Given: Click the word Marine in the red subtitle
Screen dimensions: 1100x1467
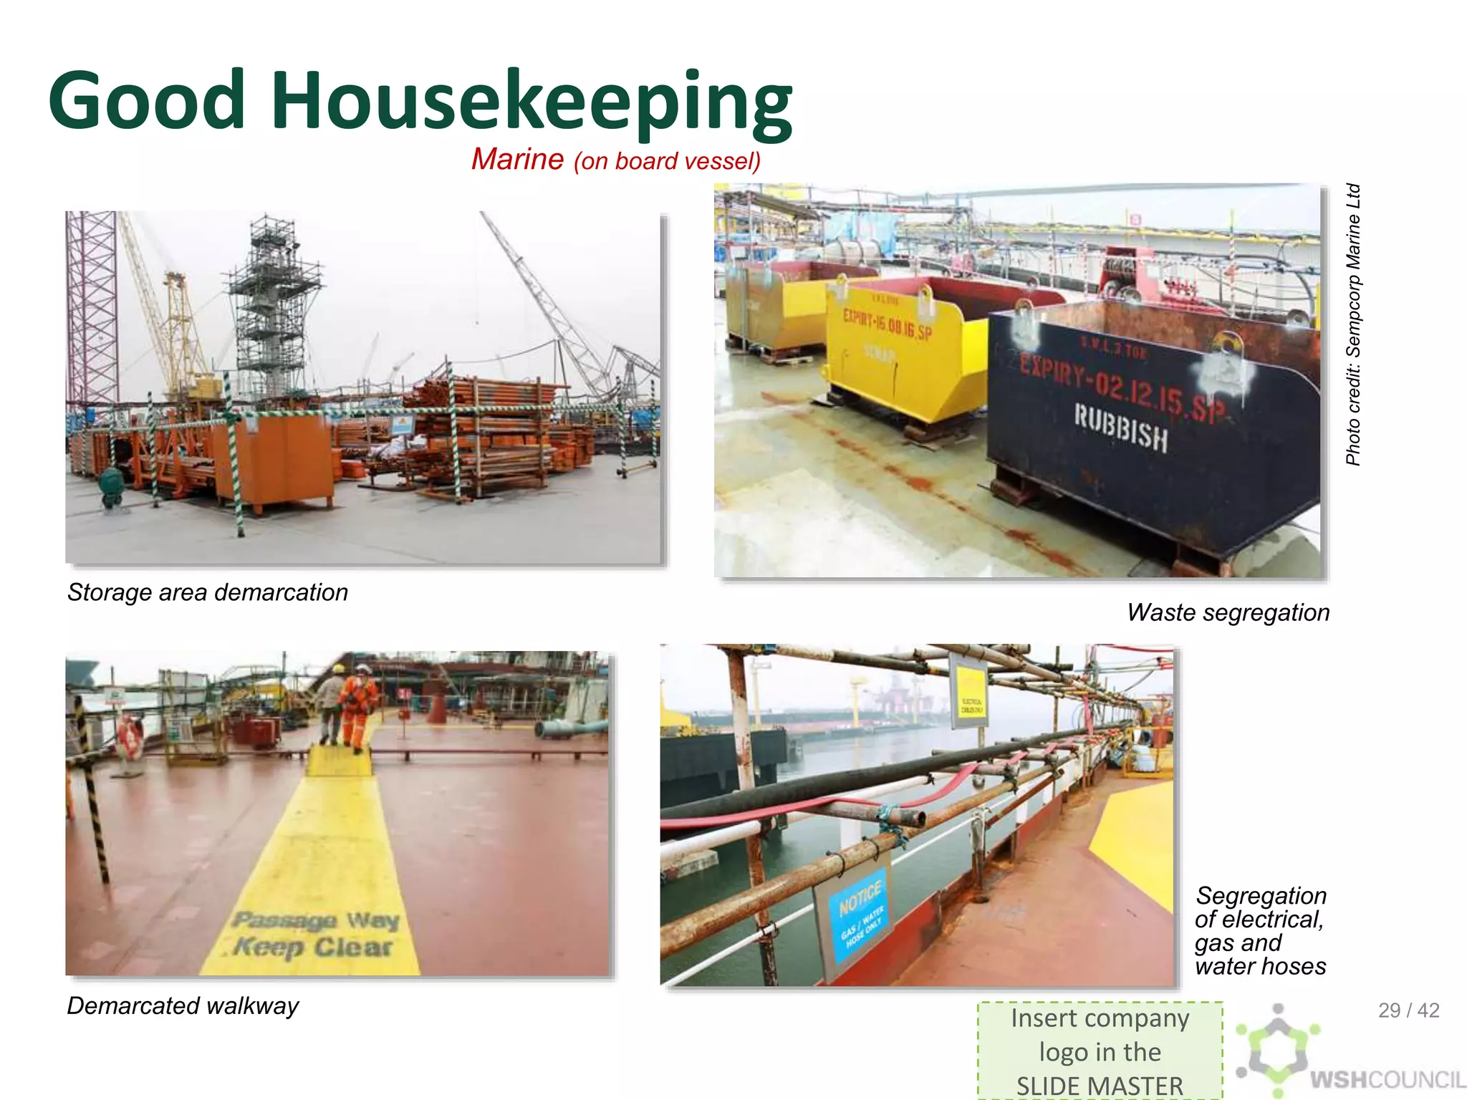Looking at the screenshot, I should [517, 159].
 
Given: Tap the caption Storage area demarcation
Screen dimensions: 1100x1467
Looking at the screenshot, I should [208, 592].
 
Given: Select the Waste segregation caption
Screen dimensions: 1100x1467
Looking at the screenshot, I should [1228, 612].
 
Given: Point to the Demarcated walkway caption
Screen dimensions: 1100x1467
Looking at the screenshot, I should [183, 1005].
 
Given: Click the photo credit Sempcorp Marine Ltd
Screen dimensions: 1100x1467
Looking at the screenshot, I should [1352, 324].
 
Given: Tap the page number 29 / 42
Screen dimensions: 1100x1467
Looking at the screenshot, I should [1408, 1010].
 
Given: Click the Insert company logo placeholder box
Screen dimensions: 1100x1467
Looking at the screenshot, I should [1100, 1051].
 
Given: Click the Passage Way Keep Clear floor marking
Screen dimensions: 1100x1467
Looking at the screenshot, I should [314, 933].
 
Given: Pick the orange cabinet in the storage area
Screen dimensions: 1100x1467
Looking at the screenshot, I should [283, 458].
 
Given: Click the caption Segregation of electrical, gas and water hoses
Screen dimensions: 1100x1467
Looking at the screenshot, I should [1260, 930].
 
